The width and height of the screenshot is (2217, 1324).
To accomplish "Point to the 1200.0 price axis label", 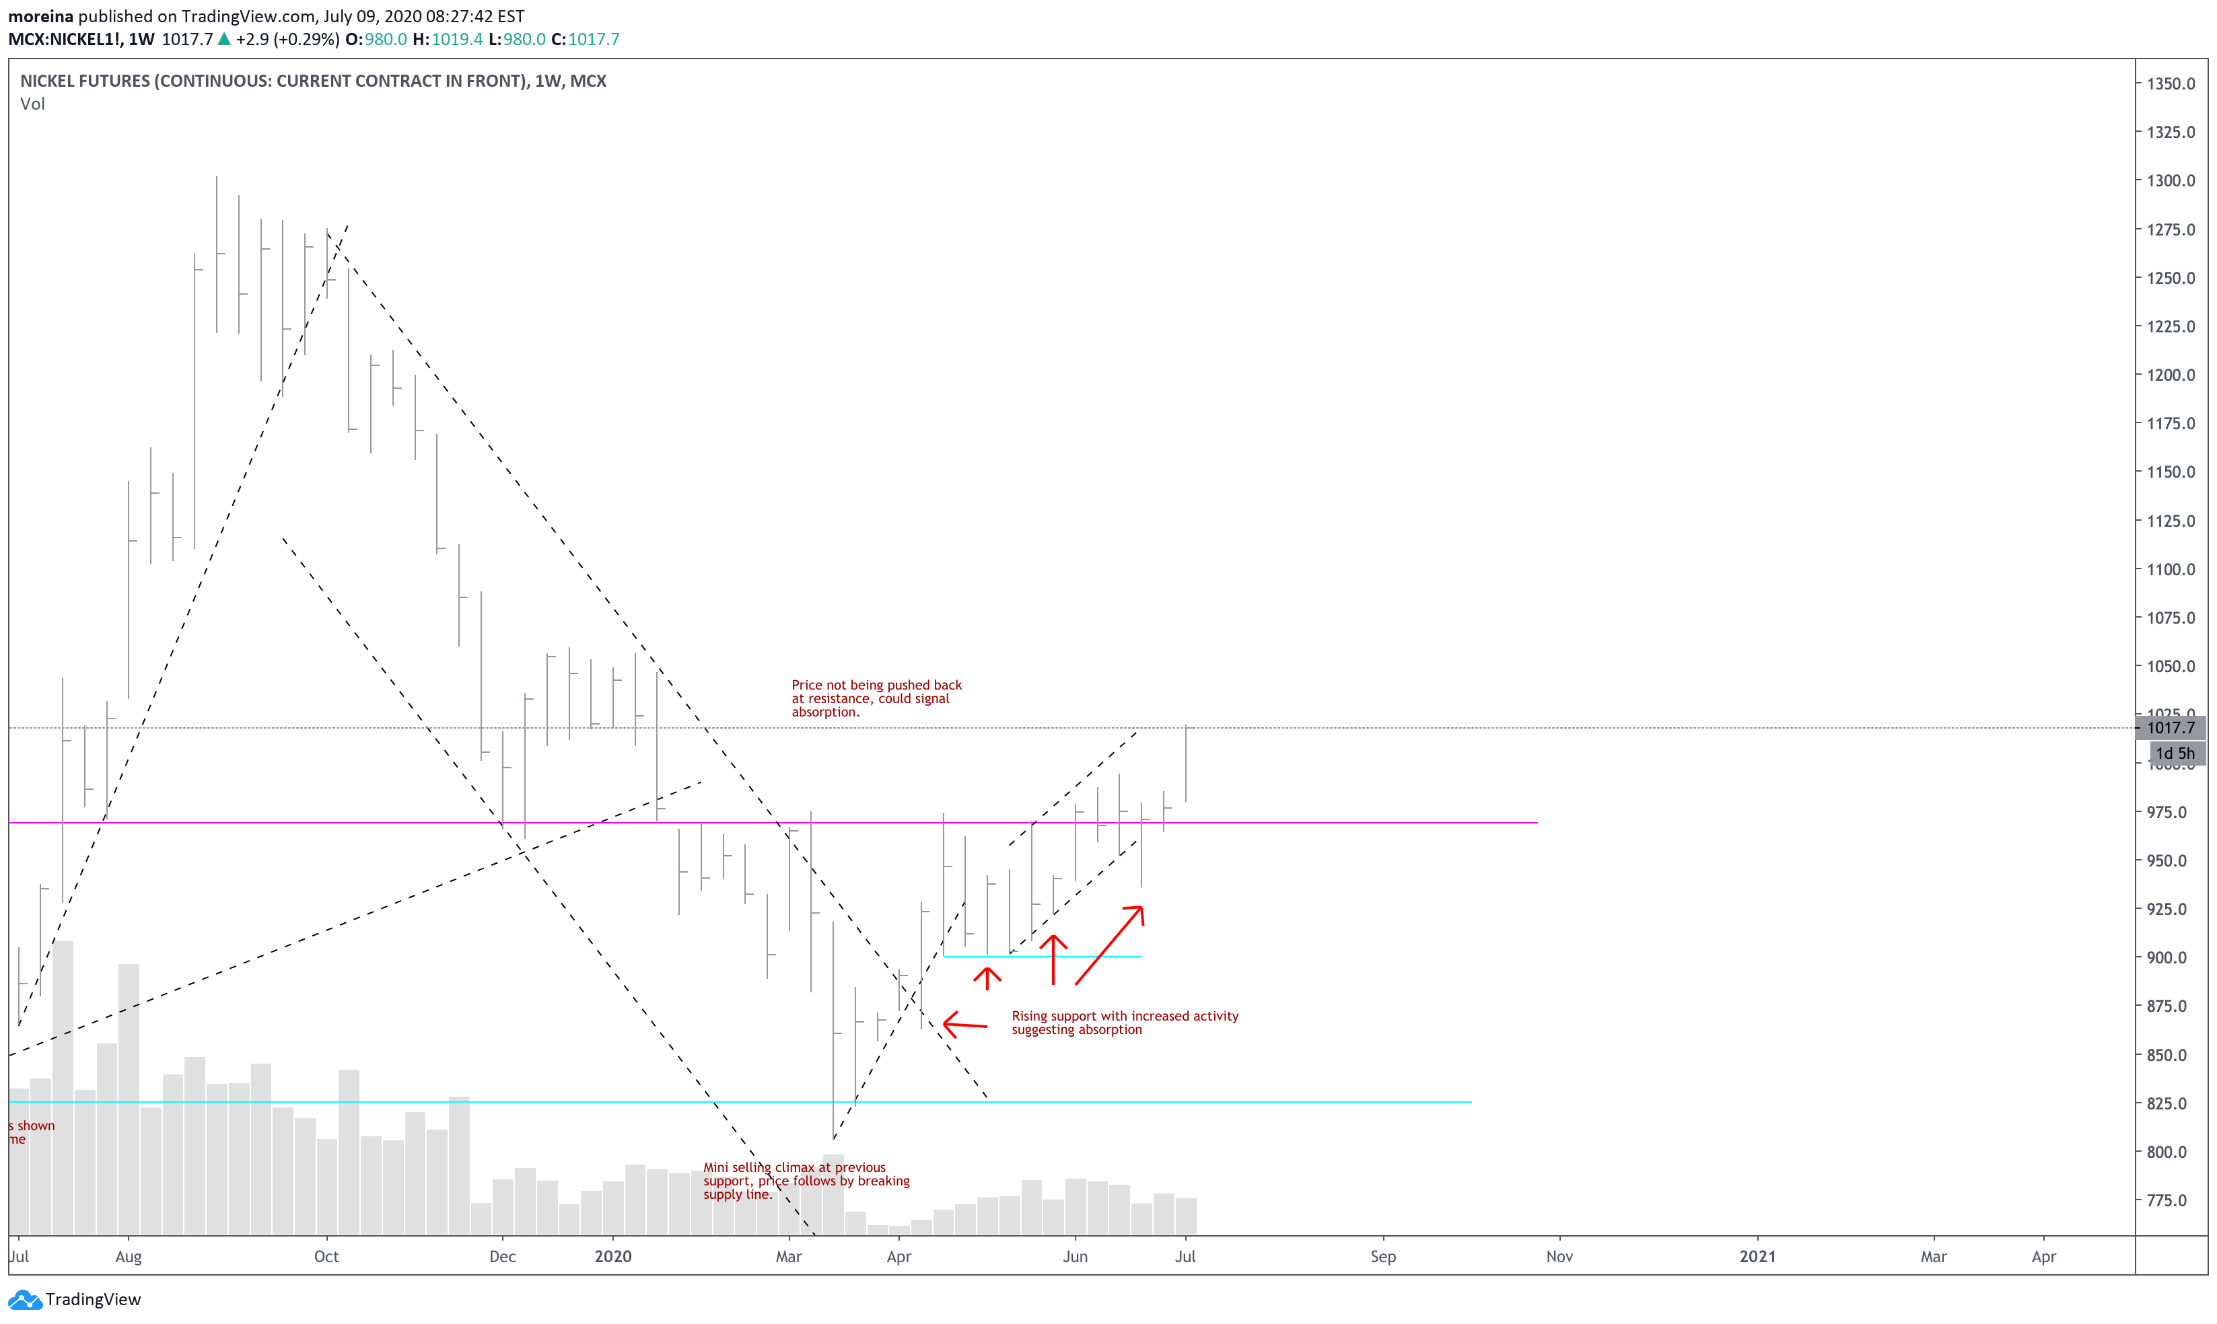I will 2170,375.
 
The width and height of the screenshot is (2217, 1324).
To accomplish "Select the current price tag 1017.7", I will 2170,728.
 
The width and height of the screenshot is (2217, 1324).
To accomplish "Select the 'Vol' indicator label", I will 32,104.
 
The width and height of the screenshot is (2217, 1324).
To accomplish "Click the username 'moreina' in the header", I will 40,16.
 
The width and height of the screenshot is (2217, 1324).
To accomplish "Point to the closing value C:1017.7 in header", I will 585,39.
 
